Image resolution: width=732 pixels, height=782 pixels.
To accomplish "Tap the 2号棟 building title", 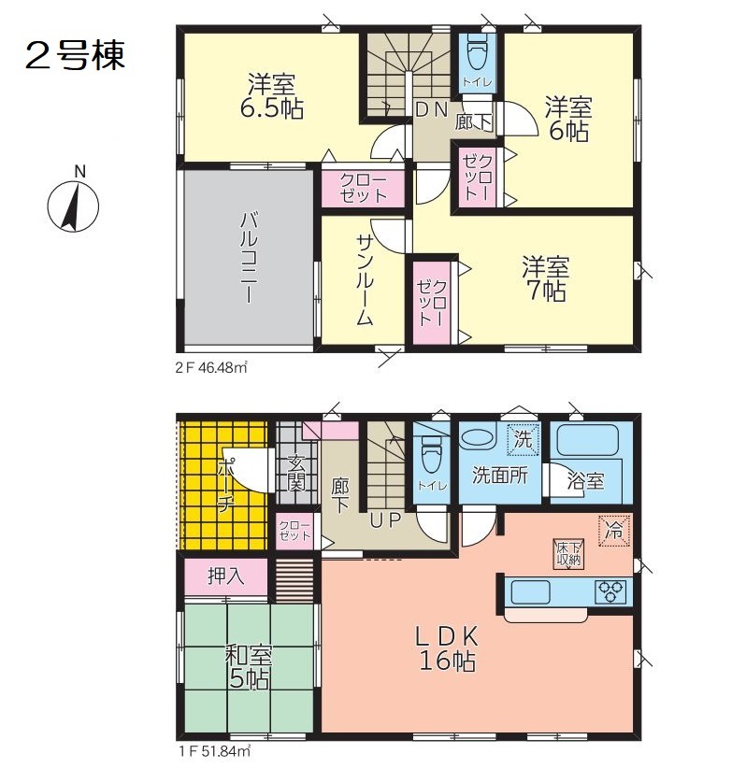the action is (75, 56).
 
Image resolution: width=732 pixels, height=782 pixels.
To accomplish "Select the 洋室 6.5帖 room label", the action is (272, 96).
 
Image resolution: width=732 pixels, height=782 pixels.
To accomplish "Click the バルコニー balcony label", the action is (249, 257).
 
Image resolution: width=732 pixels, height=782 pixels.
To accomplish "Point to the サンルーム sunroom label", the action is (365, 279).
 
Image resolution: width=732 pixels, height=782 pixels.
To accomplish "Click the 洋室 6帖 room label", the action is (568, 120).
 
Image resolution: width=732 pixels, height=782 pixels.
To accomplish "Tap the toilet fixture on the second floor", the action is (477, 52).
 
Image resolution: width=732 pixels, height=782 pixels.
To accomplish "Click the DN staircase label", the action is (432, 109).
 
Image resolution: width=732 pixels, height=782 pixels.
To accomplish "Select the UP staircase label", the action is (385, 520).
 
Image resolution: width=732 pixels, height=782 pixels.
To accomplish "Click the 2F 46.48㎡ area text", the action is (211, 368).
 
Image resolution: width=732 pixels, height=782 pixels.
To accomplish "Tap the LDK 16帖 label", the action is (448, 648).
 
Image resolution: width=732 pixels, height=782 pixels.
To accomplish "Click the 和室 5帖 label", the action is (249, 667).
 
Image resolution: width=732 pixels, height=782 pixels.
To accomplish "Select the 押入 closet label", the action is (226, 576).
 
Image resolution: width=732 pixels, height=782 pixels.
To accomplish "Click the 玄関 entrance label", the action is (296, 474).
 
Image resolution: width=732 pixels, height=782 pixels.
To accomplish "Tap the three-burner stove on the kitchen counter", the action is (610, 592).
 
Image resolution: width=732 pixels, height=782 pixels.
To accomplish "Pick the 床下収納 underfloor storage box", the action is (568, 554).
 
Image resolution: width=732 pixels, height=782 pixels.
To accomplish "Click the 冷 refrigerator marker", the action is (614, 531).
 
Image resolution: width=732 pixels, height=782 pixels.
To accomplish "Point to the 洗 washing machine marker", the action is (524, 439).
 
